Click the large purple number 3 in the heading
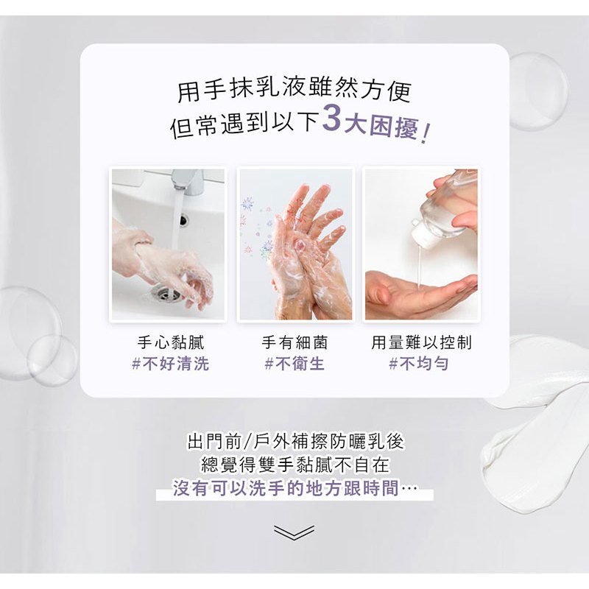[x=332, y=119]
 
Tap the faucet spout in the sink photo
[x=188, y=181]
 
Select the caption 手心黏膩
[x=171, y=342]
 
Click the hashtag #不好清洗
[x=171, y=363]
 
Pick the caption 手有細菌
[x=294, y=342]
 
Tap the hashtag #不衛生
[x=294, y=363]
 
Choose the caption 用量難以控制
[x=421, y=342]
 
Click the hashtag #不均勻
[x=419, y=363]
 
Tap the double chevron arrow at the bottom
[x=294, y=532]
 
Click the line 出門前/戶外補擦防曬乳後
[x=296, y=441]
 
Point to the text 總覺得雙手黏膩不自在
[x=296, y=465]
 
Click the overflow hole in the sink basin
[x=183, y=220]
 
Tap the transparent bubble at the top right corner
[x=538, y=91]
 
